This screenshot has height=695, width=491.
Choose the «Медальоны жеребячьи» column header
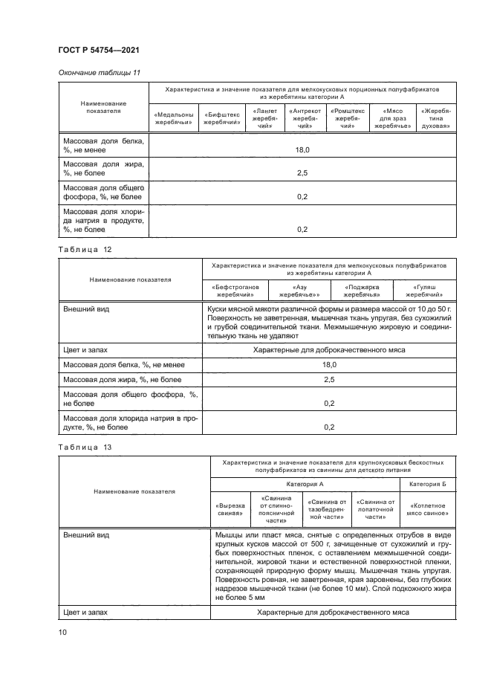[x=174, y=119]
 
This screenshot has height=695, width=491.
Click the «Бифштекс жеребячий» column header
[x=220, y=119]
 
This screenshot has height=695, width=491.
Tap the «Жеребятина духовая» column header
[x=437, y=119]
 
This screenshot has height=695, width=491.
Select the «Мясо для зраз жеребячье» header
[x=392, y=119]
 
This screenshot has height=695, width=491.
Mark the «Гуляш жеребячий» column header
[x=431, y=290]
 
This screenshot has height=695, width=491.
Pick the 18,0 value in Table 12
[x=330, y=365]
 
